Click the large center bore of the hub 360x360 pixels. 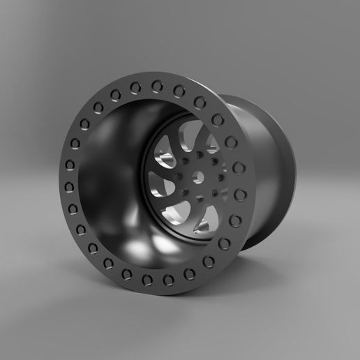pyautogui.click(x=198, y=177)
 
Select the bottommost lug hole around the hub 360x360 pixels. pyautogui.click(x=200, y=197)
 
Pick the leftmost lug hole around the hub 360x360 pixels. pyautogui.click(x=179, y=177)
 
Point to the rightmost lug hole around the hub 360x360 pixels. pyautogui.click(x=221, y=177)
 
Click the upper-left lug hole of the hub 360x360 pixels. pyautogui.click(x=186, y=160)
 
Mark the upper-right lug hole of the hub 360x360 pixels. pyautogui.click(x=214, y=161)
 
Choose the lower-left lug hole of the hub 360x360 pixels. pyautogui.click(x=185, y=192)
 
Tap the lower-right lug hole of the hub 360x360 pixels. pyautogui.click(x=214, y=193)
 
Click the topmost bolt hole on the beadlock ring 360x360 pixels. pyautogui.click(x=156, y=87)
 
